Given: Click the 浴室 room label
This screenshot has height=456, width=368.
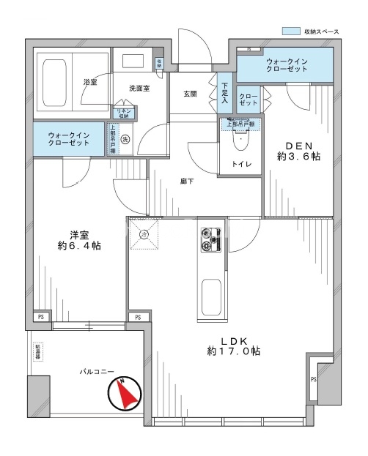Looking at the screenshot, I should [x=89, y=83].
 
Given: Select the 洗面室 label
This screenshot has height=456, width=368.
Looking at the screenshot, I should [x=139, y=89].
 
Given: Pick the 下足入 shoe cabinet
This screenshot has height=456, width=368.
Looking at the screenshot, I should [x=225, y=92].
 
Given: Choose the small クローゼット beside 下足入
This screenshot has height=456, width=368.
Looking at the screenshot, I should [x=248, y=100].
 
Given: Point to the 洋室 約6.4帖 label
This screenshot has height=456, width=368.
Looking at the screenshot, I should [x=79, y=240].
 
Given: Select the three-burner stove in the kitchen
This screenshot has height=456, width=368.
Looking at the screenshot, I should [x=209, y=238].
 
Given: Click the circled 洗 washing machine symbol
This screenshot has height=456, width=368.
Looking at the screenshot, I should [x=125, y=139].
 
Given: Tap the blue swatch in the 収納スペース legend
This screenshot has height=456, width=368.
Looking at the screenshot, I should [x=291, y=31].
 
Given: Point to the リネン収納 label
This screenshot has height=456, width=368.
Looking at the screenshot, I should [x=122, y=113].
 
